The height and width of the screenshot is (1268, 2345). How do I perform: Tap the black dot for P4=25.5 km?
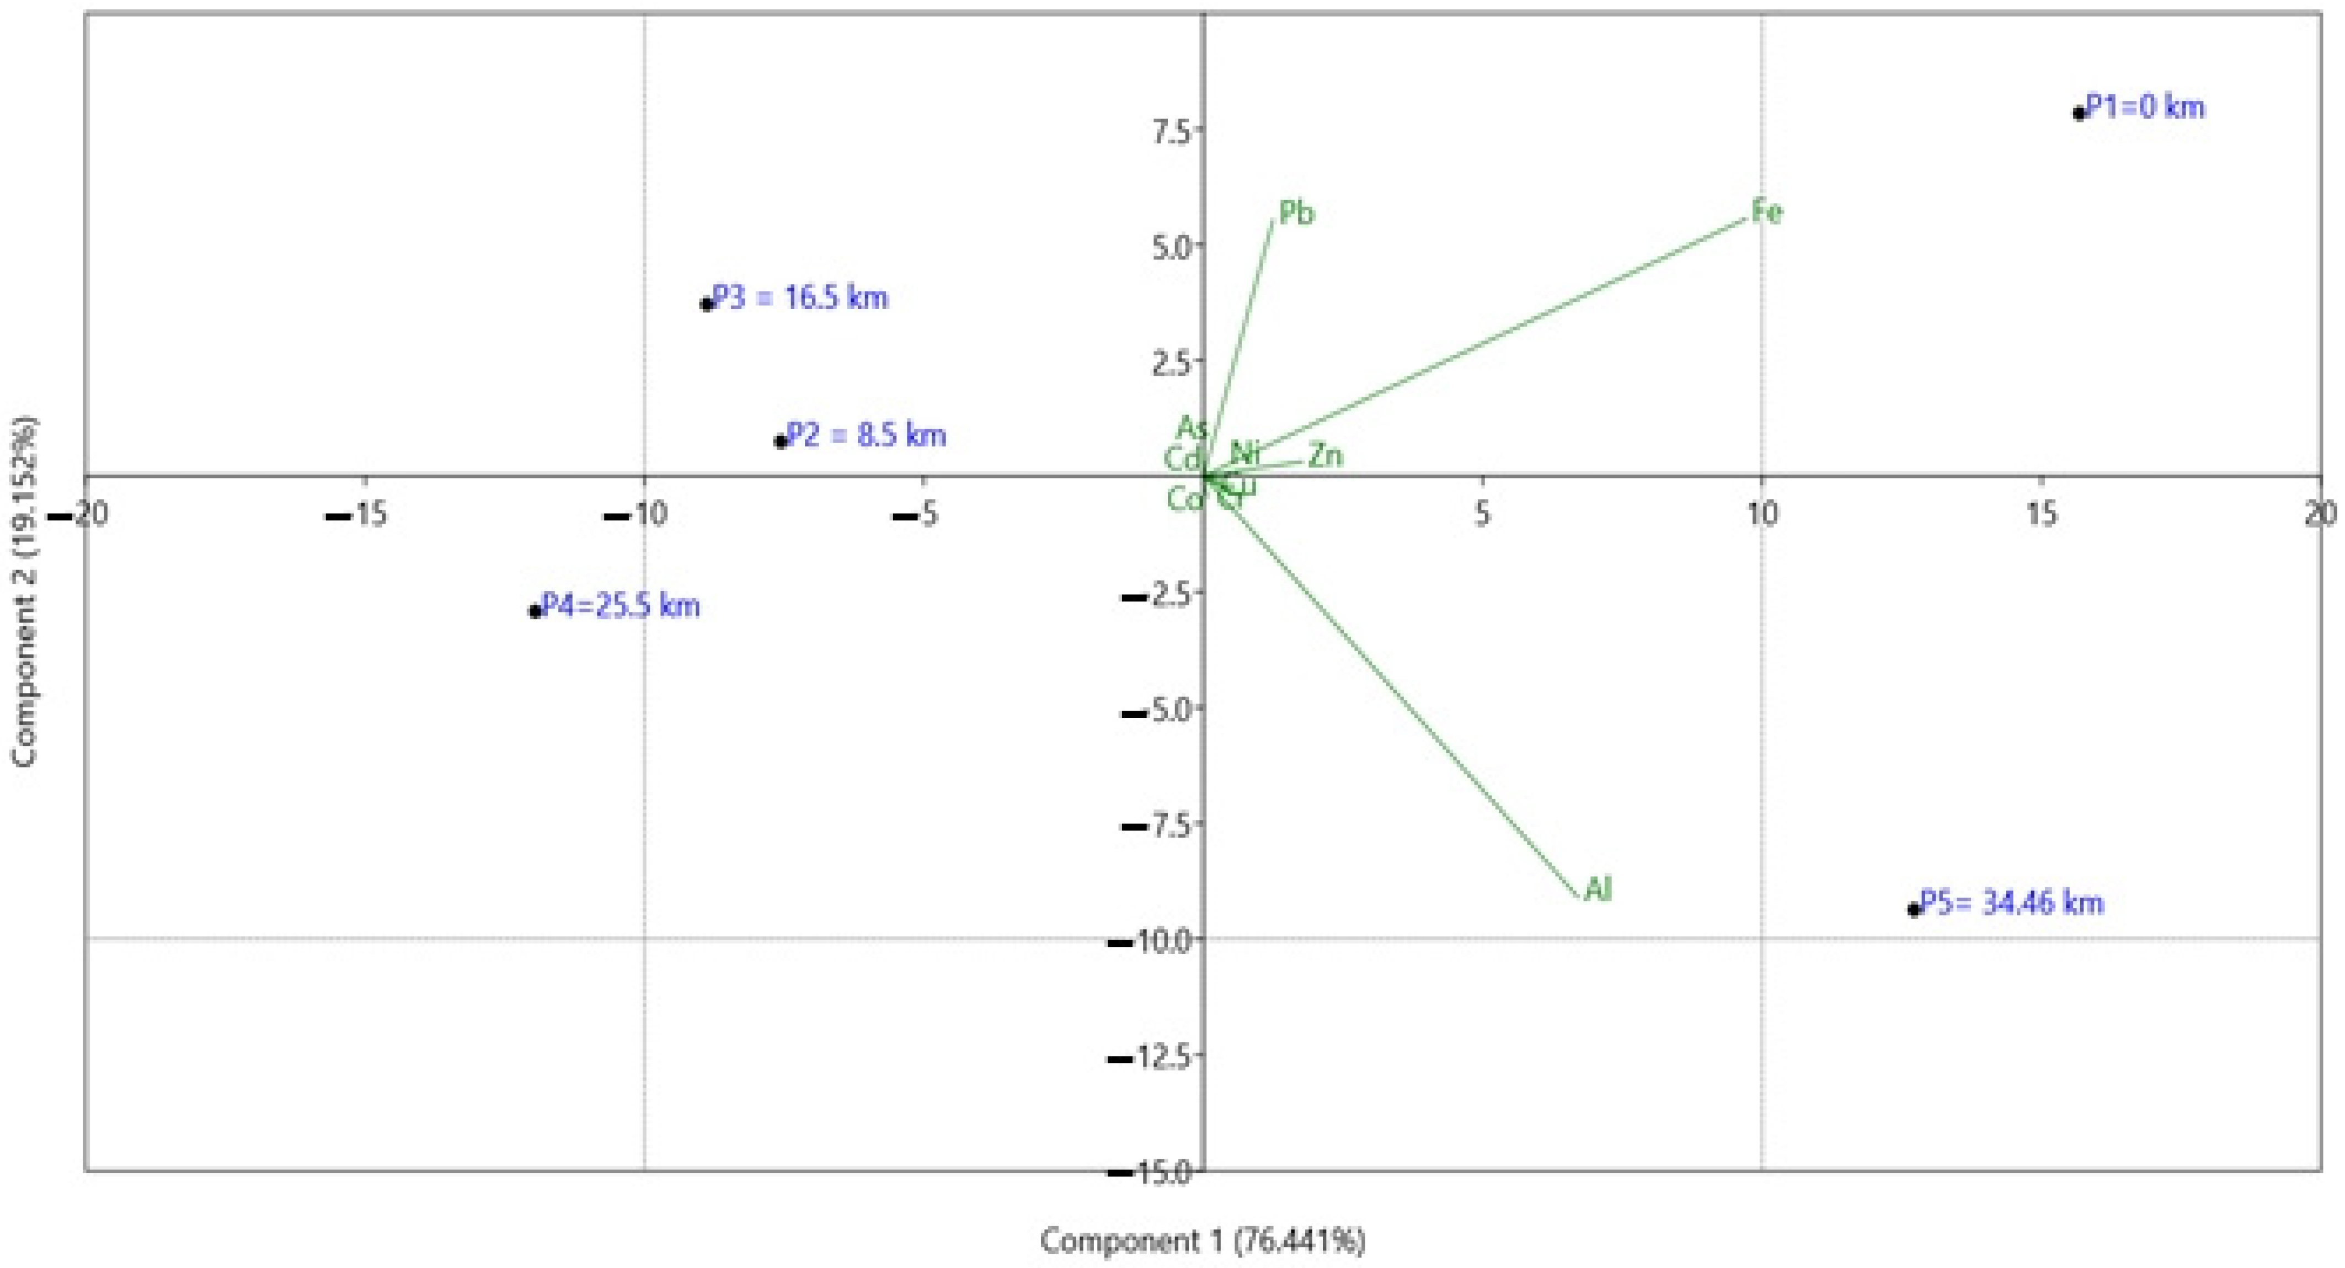(x=535, y=611)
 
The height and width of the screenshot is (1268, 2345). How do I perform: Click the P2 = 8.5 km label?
(x=866, y=435)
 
